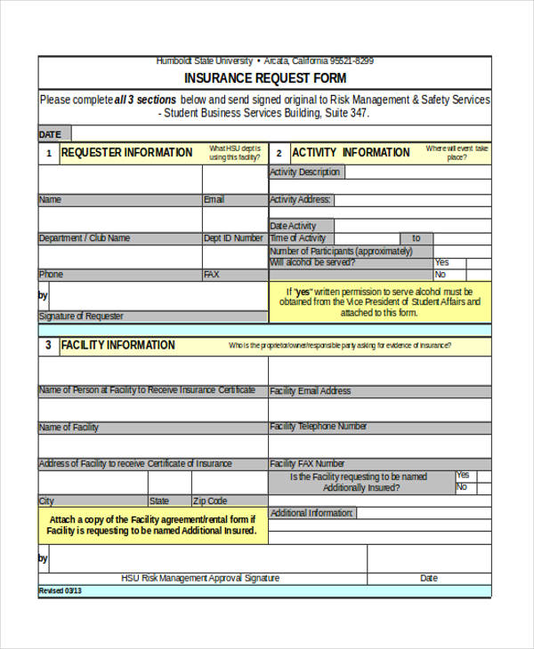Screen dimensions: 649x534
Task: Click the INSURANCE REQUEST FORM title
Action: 265,78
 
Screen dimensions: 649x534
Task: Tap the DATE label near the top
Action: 50,135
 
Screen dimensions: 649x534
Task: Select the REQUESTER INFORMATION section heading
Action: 126,153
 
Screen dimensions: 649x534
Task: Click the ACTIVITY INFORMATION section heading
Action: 351,153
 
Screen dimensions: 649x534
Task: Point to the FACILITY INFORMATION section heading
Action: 117,345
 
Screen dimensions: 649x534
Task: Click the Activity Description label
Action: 304,172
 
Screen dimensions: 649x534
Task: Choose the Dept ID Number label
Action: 233,238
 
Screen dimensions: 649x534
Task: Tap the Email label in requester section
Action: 214,200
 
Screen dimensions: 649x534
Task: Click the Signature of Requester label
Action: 81,316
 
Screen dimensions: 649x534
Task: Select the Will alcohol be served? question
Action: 312,263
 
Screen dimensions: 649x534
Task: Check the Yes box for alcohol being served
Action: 478,263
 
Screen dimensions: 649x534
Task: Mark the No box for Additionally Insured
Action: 483,488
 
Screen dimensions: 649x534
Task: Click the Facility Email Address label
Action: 311,390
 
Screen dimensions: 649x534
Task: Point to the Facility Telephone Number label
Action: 318,427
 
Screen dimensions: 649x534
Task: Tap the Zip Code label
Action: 210,501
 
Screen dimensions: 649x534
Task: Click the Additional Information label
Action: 311,513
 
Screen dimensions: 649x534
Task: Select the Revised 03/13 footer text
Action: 60,590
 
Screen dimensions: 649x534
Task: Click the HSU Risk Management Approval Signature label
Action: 200,578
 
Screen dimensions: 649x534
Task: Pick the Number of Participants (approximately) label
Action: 341,251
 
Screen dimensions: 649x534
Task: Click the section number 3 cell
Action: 48,345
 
